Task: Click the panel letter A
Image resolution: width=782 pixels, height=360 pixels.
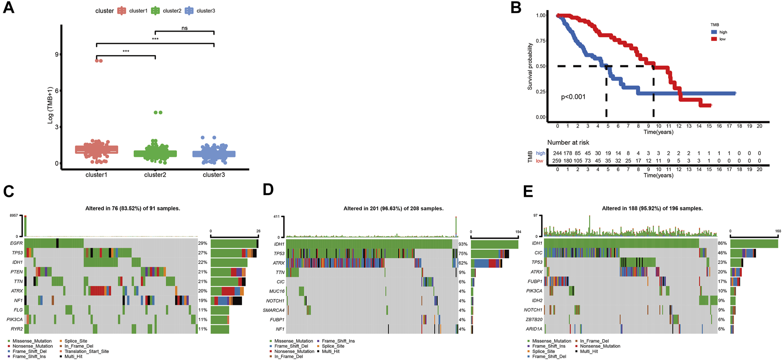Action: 8,8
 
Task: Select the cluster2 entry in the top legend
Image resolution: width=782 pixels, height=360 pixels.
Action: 172,11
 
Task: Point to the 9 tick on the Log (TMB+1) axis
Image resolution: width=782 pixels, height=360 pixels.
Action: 56,54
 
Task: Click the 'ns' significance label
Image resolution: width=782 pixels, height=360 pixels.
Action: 184,28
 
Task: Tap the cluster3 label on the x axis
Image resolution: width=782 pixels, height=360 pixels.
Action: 214,175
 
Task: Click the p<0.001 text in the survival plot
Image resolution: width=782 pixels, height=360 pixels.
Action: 573,97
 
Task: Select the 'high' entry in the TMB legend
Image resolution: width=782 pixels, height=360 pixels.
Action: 723,32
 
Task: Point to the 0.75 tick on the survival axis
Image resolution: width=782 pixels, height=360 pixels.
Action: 541,41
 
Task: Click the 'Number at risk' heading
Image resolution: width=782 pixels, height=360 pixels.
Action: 568,142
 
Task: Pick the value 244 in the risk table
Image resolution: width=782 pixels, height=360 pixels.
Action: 557,154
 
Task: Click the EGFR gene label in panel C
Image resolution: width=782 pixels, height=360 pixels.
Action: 16,243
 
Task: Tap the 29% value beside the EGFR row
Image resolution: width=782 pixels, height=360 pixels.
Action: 203,244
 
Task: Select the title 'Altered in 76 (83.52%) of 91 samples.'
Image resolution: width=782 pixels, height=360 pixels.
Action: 132,208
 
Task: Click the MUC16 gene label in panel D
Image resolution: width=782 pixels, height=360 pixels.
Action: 277,291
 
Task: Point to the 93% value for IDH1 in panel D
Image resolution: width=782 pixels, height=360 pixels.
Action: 463,244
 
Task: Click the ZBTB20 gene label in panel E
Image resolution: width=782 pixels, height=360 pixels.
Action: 534,319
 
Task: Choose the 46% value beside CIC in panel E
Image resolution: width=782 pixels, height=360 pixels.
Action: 722,253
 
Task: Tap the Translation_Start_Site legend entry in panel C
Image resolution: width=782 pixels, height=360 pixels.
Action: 86,352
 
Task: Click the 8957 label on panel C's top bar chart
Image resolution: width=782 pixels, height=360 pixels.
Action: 14,216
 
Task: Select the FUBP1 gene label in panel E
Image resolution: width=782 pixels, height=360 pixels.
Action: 534,281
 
